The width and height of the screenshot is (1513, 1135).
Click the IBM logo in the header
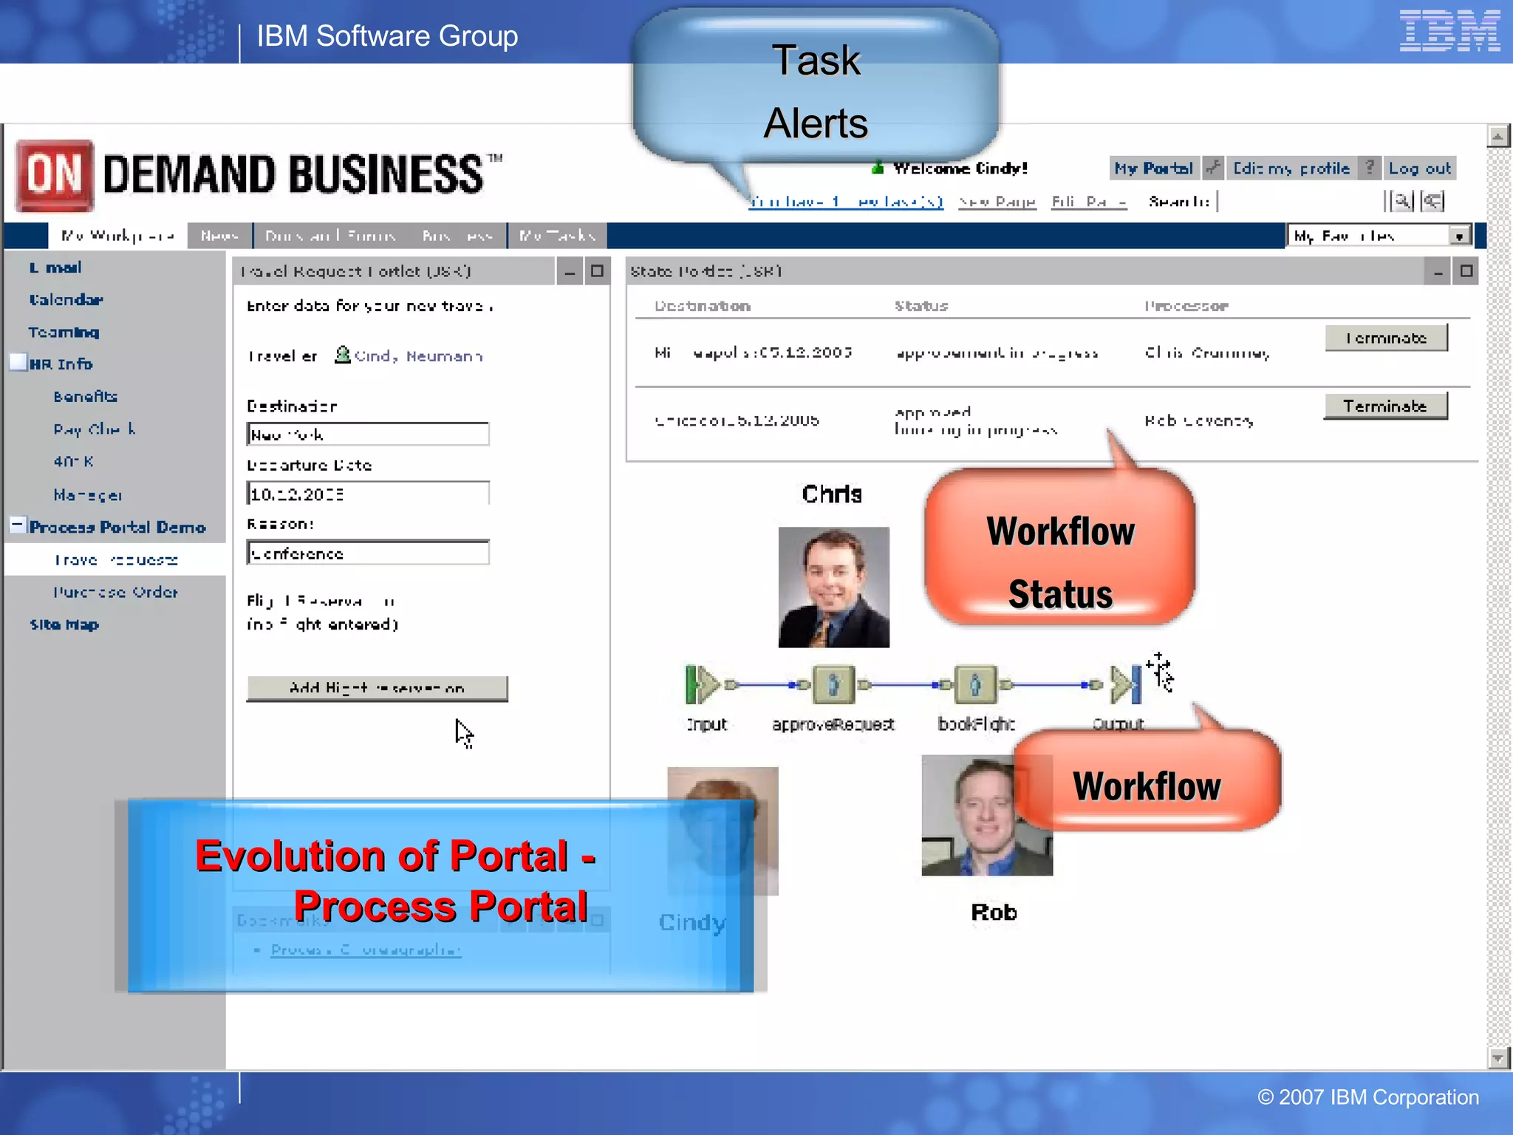[x=1449, y=31]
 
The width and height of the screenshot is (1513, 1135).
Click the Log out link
[x=1419, y=168]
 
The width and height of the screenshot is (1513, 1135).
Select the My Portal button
[x=1153, y=168]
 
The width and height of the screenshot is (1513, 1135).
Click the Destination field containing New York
[x=368, y=434]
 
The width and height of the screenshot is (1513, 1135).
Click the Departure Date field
[x=368, y=494]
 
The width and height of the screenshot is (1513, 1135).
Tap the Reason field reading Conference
[x=368, y=553]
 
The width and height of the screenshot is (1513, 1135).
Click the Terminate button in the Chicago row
[x=1384, y=406]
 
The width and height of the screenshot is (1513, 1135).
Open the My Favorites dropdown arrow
[x=1458, y=236]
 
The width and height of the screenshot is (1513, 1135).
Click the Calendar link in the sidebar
[x=66, y=299]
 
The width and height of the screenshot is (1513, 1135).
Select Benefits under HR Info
[x=85, y=397]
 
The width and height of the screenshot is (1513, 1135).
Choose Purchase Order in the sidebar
[x=115, y=592]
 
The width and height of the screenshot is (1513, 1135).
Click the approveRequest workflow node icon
[x=833, y=684]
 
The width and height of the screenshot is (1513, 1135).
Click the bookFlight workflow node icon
[x=975, y=684]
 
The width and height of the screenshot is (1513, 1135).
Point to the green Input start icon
[x=700, y=684]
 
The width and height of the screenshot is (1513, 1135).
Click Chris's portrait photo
[x=833, y=587]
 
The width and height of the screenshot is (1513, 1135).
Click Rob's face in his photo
[x=983, y=813]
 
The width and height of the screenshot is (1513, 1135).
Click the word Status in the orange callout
[x=1060, y=594]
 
